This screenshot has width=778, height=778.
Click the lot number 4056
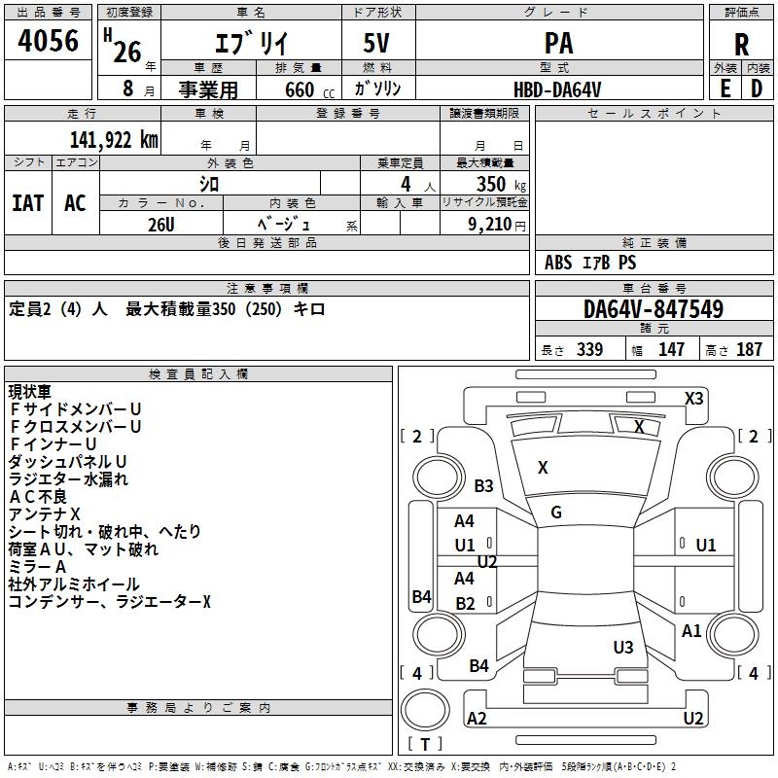tap(49, 41)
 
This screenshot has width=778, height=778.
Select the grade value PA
tap(558, 44)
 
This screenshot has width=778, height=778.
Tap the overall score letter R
tap(741, 45)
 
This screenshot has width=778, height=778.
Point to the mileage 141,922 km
tap(114, 140)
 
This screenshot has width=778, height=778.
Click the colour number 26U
tap(160, 223)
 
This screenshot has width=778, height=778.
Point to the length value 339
tap(589, 350)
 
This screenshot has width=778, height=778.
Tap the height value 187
tap(749, 350)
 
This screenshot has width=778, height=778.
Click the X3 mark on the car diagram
tap(694, 398)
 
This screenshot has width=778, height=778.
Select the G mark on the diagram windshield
tap(556, 513)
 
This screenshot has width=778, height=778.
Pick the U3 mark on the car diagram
tap(623, 647)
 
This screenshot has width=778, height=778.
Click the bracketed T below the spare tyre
tap(425, 745)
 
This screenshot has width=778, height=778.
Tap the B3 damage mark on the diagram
tap(483, 486)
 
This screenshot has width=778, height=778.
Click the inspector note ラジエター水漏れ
tap(68, 479)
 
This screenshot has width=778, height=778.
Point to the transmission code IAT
tap(28, 202)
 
